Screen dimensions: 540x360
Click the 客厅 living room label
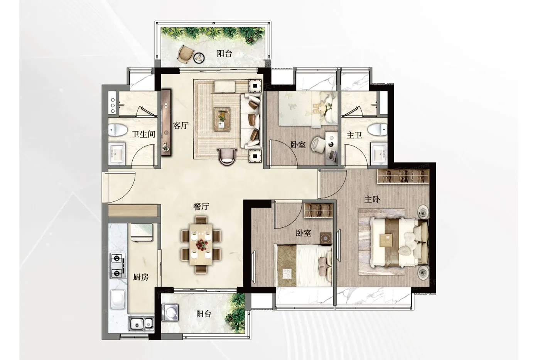tap(181, 125)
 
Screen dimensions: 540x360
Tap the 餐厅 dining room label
tap(201, 206)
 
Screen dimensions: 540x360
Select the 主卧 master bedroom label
tap(372, 199)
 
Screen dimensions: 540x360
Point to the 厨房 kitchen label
tap(141, 277)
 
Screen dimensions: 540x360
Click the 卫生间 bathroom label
tap(143, 134)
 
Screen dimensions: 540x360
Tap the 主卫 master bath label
tap(354, 135)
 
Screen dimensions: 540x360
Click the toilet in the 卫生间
tap(118, 130)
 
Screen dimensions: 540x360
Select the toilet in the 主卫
tap(378, 130)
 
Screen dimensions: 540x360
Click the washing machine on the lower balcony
tap(170, 313)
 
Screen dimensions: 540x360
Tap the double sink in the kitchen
tap(141, 323)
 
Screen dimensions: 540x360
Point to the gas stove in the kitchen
tap(118, 265)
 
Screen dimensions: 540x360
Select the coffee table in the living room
tap(222, 119)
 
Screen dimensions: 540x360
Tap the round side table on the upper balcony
tap(199, 58)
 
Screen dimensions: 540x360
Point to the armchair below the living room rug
tap(227, 156)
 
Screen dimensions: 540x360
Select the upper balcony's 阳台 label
tap(224, 54)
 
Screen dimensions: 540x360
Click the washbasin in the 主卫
tap(379, 152)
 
